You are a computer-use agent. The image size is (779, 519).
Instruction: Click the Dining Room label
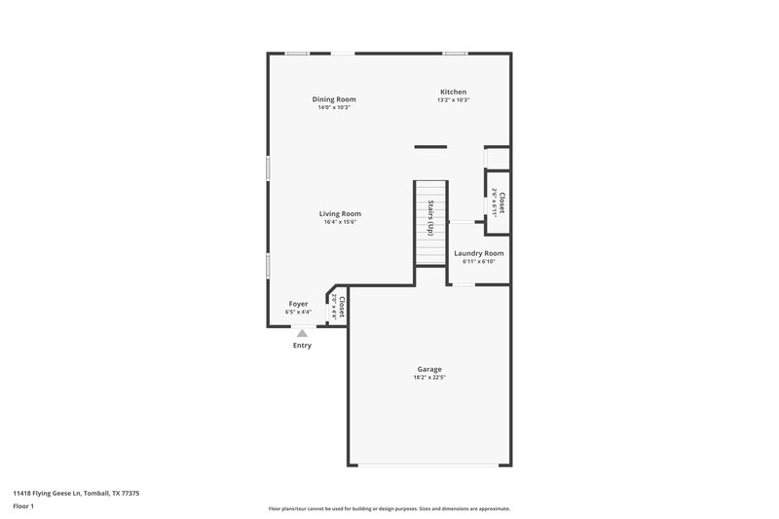(x=333, y=98)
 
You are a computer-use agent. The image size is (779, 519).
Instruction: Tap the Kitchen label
(x=453, y=92)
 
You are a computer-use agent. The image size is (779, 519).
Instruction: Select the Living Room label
(x=340, y=213)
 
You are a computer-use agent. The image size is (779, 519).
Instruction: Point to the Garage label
(x=429, y=369)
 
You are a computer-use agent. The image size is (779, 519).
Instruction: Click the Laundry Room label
(x=479, y=253)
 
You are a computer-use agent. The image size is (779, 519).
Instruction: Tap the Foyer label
(x=298, y=304)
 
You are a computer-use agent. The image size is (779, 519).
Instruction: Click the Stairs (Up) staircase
(x=429, y=222)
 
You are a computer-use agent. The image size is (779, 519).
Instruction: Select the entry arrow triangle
(x=302, y=333)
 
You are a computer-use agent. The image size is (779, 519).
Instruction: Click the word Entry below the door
(x=302, y=346)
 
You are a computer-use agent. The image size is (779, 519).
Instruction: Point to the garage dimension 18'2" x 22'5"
(x=429, y=377)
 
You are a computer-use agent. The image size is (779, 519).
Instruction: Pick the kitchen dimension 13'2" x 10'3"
(x=453, y=100)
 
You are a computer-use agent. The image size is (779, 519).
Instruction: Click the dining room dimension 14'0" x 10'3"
(x=333, y=107)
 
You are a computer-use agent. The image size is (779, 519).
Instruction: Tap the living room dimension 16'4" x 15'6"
(x=340, y=222)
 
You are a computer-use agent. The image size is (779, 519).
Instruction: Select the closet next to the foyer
(x=338, y=308)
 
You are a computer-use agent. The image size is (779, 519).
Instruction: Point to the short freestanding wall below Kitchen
(x=429, y=147)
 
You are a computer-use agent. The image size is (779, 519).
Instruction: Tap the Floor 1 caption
(x=24, y=507)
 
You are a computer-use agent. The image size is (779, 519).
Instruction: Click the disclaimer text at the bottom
(x=389, y=508)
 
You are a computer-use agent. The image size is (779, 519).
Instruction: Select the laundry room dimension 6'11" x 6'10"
(x=479, y=261)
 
